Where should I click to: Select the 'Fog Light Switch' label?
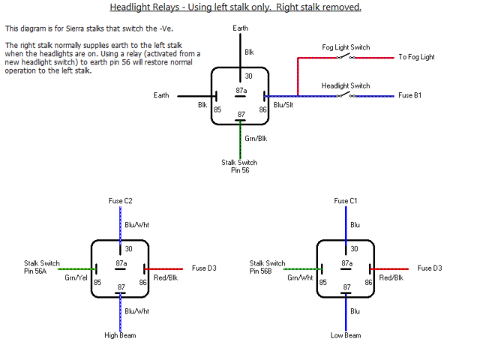click(x=346, y=47)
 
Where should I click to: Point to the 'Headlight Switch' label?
click(x=346, y=86)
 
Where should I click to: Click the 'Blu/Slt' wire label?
click(x=284, y=106)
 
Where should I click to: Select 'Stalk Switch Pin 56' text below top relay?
click(x=239, y=166)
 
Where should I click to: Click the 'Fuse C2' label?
click(x=120, y=201)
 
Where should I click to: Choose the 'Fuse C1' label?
click(x=346, y=201)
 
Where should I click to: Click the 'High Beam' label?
click(x=120, y=335)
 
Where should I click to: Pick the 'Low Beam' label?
click(x=346, y=335)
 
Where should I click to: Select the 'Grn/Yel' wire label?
click(x=76, y=277)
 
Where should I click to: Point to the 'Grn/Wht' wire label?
click(x=301, y=277)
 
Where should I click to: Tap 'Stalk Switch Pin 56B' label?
click(x=267, y=267)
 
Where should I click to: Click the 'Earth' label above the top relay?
click(x=240, y=28)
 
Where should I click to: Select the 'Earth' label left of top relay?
click(x=161, y=96)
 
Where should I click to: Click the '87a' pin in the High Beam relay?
click(x=120, y=263)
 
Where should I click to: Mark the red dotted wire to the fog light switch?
click(x=298, y=75)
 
